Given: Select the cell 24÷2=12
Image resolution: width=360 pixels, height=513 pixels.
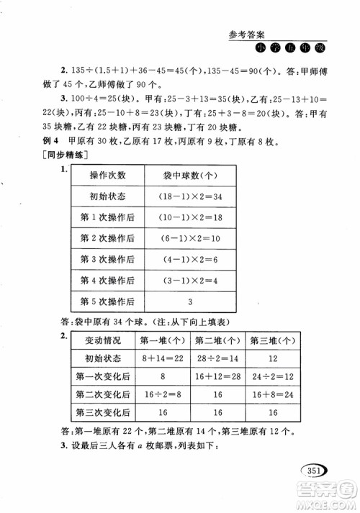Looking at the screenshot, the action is pyautogui.click(x=273, y=376).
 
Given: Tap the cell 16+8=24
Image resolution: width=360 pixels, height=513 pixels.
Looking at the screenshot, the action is pyautogui.click(x=273, y=394).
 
